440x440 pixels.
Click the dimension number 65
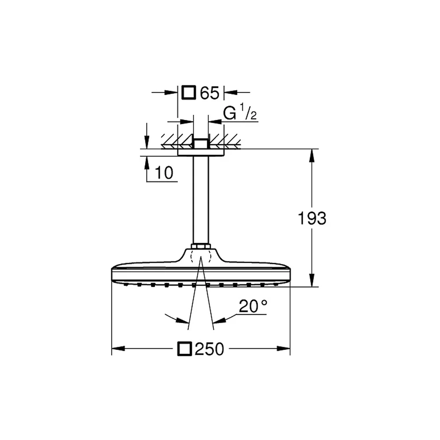(209, 93)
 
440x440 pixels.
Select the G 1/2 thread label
(240, 114)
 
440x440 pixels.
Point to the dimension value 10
(164, 172)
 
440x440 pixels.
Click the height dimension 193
(312, 218)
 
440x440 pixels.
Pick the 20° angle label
(253, 306)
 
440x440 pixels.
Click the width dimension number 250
(209, 349)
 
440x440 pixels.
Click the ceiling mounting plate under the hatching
(201, 152)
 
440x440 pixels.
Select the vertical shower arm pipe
(201, 200)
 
